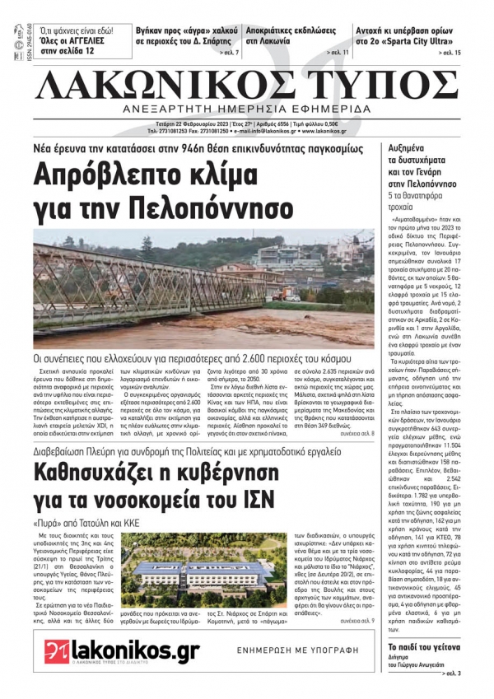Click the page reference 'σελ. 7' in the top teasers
click(x=230, y=53)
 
